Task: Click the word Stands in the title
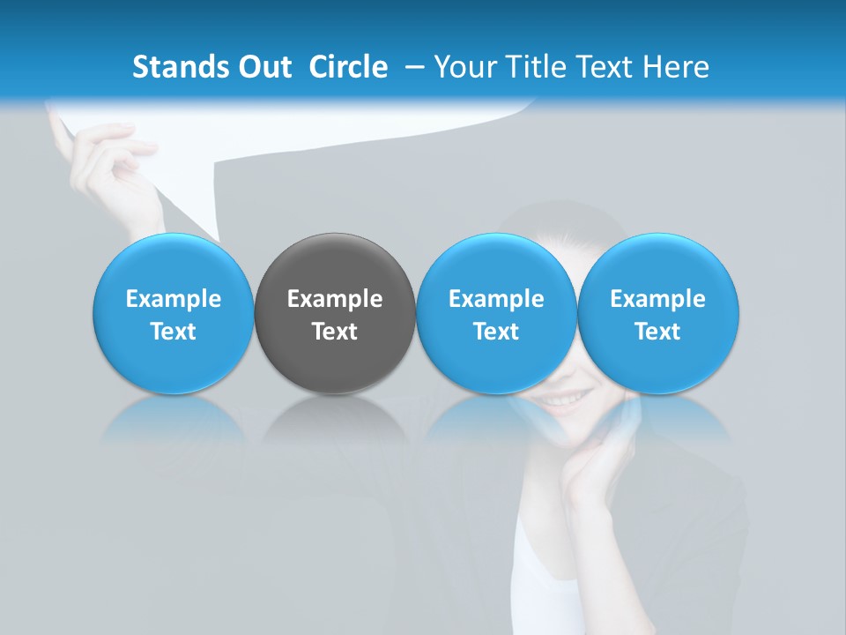[x=179, y=67]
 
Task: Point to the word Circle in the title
[x=348, y=67]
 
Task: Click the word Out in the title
[x=262, y=67]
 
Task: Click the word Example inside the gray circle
[x=335, y=299]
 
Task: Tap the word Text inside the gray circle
[x=335, y=332]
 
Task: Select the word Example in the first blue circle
[x=173, y=299]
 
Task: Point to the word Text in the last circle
[x=657, y=332]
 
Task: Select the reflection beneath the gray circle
[x=335, y=419]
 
